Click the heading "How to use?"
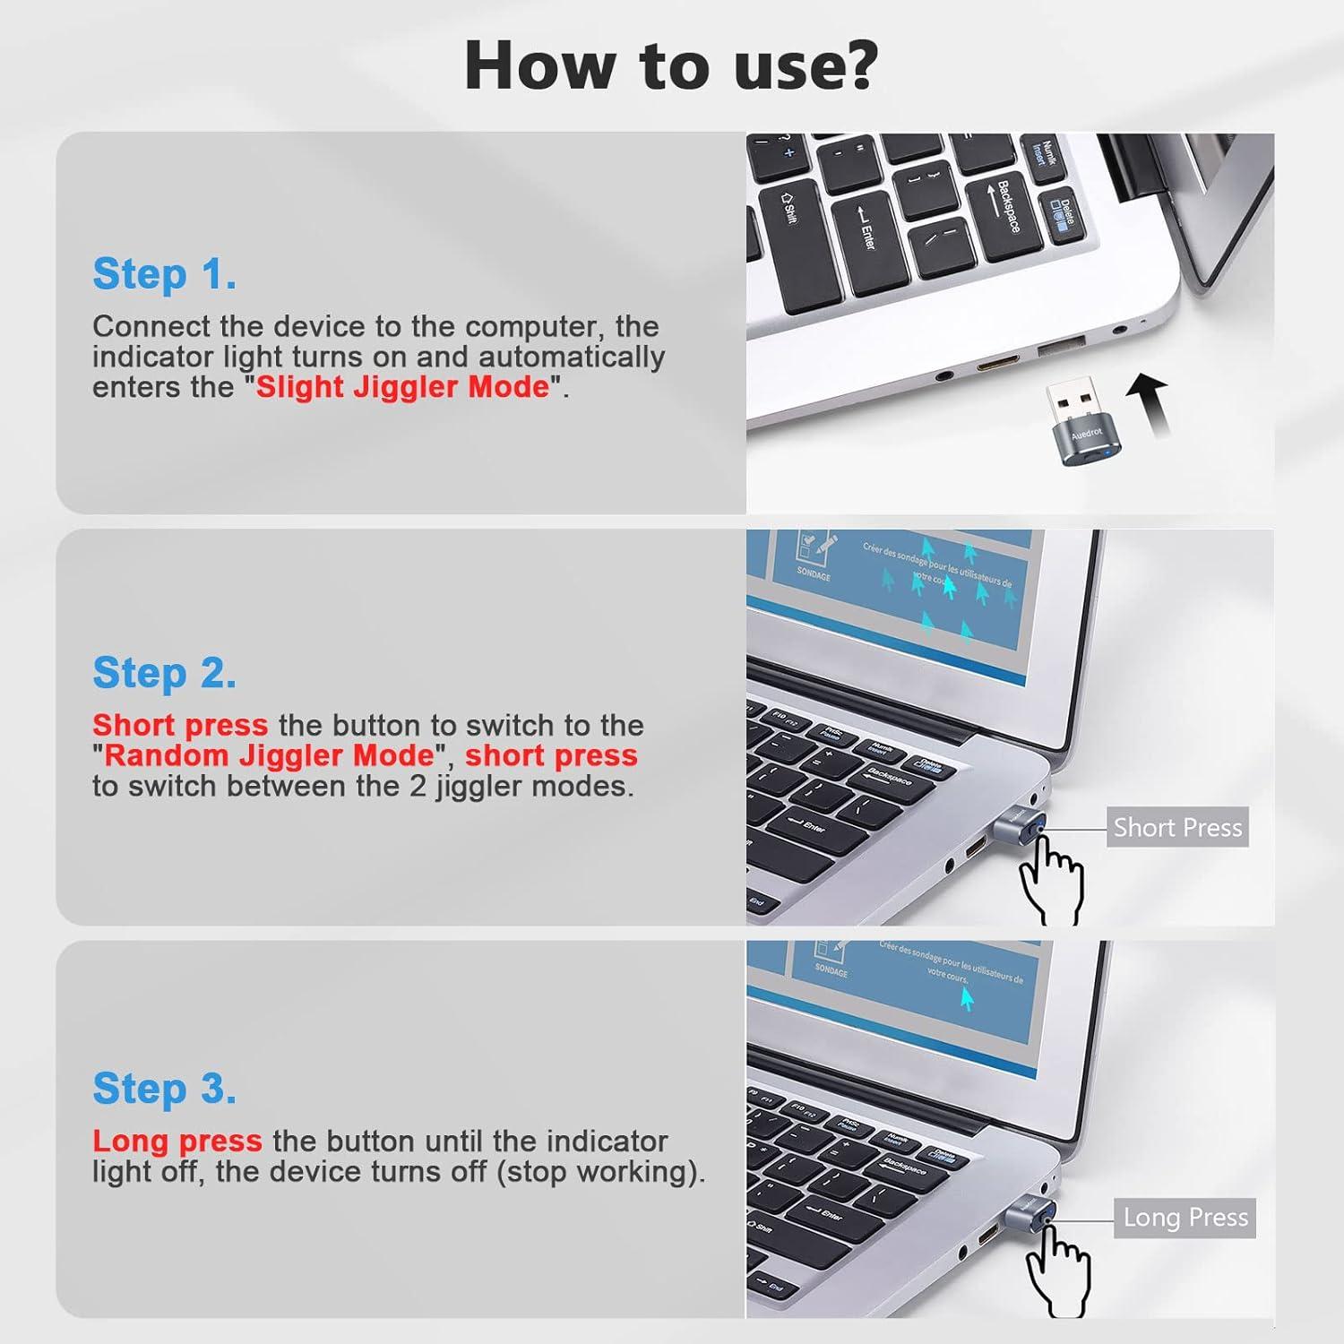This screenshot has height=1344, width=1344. pyautogui.click(x=671, y=66)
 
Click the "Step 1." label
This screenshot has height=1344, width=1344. pyautogui.click(x=165, y=274)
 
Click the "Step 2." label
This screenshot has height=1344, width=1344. pyautogui.click(x=165, y=673)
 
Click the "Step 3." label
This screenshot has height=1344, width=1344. pyautogui.click(x=165, y=1089)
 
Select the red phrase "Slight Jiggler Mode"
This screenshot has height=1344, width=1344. pyautogui.click(x=402, y=387)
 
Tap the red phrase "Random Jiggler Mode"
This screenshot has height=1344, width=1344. pyautogui.click(x=269, y=755)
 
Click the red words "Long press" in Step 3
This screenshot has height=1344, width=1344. pyautogui.click(x=177, y=1141)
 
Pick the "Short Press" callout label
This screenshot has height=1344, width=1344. pyautogui.click(x=1177, y=828)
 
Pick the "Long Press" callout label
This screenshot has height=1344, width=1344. pyautogui.click(x=1185, y=1218)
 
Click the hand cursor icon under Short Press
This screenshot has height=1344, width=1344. pyautogui.click(x=1053, y=876)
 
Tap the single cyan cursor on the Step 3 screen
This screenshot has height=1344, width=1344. pyautogui.click(x=967, y=998)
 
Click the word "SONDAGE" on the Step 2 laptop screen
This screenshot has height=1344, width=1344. pyautogui.click(x=814, y=573)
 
